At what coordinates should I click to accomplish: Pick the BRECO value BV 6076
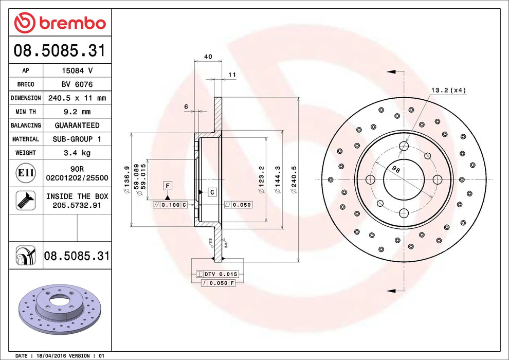77,84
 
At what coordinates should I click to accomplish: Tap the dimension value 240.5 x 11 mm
77,98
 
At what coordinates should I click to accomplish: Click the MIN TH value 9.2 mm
77,112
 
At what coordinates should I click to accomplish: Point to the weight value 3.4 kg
77,153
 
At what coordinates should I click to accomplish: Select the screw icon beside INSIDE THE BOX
25,200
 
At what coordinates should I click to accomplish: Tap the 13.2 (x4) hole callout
448,91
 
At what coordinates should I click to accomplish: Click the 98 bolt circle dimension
395,169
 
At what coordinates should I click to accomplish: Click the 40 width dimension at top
208,57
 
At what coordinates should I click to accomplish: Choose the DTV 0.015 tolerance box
217,275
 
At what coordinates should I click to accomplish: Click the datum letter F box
168,185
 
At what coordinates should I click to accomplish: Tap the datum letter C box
211,192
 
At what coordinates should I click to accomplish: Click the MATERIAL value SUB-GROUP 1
77,139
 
